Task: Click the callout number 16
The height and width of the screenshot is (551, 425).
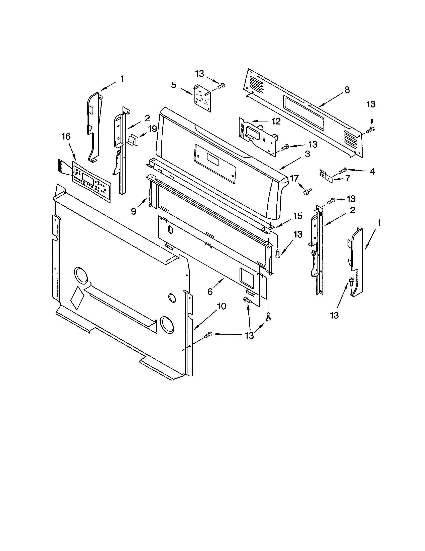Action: [66, 137]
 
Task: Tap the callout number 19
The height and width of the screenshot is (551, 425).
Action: [152, 129]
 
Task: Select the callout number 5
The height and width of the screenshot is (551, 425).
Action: [173, 85]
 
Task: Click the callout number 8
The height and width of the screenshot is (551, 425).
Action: [347, 90]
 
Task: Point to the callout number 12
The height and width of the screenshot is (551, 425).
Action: [276, 121]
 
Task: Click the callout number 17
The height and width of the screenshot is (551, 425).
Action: [294, 178]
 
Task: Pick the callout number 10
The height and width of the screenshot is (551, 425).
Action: [222, 306]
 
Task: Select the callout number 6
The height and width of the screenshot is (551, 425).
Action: [210, 291]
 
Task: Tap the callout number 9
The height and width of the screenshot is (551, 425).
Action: [134, 211]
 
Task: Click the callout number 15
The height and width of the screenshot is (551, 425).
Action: [298, 216]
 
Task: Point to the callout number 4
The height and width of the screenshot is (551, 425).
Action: [372, 172]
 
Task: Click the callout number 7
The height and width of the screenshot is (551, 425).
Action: [348, 178]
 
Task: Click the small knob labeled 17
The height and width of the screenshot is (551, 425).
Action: [307, 192]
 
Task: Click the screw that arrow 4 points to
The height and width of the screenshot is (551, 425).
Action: [343, 170]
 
